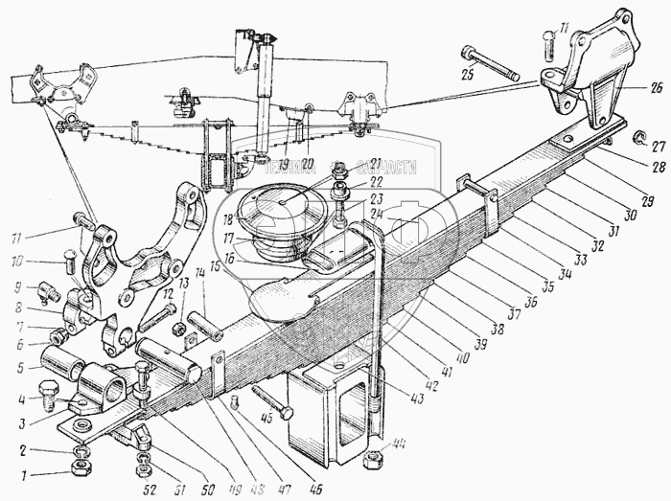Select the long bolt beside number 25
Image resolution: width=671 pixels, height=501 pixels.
[489, 61]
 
